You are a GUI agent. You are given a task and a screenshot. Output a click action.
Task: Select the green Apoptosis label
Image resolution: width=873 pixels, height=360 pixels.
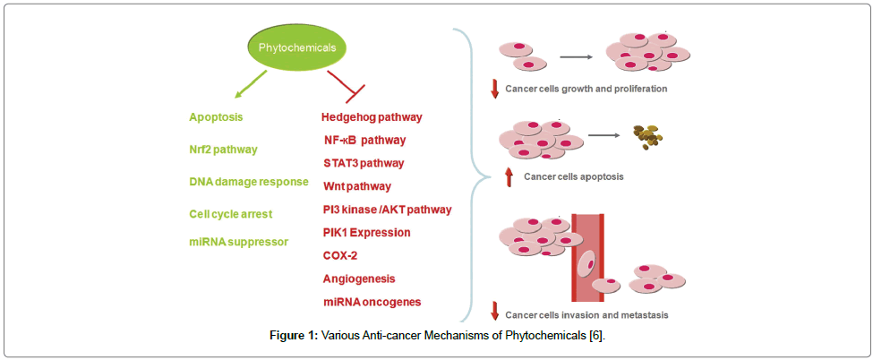point(216,117)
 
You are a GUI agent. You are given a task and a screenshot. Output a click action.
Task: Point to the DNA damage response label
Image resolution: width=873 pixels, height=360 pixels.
point(249,182)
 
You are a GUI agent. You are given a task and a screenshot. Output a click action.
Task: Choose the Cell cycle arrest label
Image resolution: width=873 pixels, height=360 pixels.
point(230,214)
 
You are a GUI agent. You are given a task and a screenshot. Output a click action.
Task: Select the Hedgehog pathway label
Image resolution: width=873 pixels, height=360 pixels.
point(372,117)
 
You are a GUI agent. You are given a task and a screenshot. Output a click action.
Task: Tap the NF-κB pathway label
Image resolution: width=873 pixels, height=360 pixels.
point(365,140)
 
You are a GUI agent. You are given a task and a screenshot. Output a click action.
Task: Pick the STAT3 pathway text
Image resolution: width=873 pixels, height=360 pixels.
point(364,163)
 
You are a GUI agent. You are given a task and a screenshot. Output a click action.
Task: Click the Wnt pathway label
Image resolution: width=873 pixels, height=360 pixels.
point(356,186)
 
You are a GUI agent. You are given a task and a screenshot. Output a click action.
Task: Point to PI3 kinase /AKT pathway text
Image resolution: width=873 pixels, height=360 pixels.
point(387,210)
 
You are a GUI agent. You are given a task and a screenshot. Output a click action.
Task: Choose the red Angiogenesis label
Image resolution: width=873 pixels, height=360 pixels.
point(359,279)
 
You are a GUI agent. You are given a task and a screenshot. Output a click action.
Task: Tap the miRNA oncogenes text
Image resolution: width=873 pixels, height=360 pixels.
point(372,303)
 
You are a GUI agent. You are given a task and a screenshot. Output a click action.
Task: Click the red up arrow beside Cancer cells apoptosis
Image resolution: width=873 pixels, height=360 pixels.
point(509,176)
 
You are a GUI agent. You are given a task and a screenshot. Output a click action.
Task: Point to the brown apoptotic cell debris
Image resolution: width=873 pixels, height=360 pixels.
point(650,137)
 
